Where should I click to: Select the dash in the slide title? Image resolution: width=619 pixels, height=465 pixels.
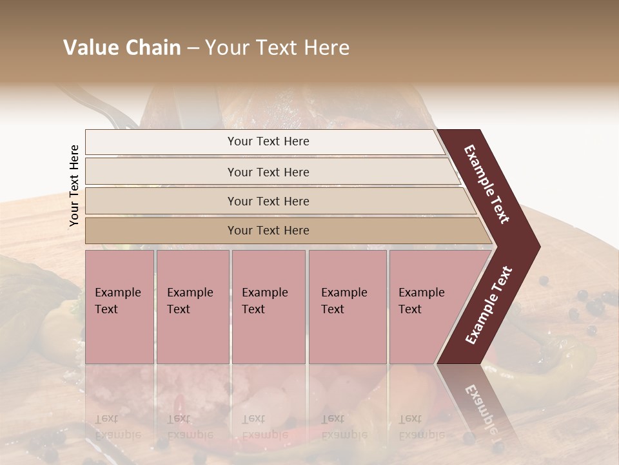193,48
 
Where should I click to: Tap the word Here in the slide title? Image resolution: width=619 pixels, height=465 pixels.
327,48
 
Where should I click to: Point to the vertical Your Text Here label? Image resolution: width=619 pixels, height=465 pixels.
74,186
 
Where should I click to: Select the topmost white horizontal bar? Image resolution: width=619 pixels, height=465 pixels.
268,141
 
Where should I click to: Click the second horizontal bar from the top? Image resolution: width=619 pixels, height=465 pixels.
268,172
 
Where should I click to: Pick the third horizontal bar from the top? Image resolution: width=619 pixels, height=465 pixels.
268,201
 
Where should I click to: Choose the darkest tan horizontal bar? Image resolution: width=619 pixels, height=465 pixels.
268,231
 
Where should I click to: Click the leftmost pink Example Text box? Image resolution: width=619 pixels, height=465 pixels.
119,307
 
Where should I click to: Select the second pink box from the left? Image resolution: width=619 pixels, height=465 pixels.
192,307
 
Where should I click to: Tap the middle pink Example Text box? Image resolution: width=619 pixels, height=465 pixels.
268,307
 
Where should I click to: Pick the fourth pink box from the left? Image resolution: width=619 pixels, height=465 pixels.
347,307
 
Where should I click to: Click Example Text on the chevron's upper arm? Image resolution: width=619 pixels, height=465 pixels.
487,184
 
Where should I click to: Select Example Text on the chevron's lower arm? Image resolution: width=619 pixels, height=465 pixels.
488,305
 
